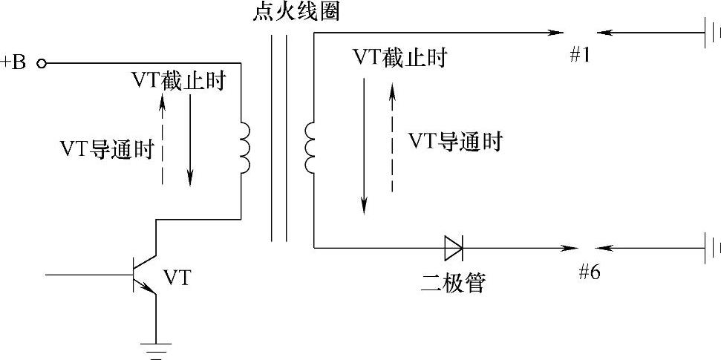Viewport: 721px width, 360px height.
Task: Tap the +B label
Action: point(16,62)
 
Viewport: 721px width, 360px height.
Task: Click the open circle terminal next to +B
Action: point(42,64)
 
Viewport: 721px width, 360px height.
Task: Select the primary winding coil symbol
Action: point(244,148)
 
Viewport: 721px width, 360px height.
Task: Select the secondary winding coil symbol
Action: point(308,148)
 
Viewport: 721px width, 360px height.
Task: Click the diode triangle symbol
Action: point(453,246)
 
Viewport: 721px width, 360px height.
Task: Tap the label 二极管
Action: point(451,282)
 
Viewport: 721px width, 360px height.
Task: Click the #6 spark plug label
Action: point(589,271)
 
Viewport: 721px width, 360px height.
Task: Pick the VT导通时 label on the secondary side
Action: point(455,142)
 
